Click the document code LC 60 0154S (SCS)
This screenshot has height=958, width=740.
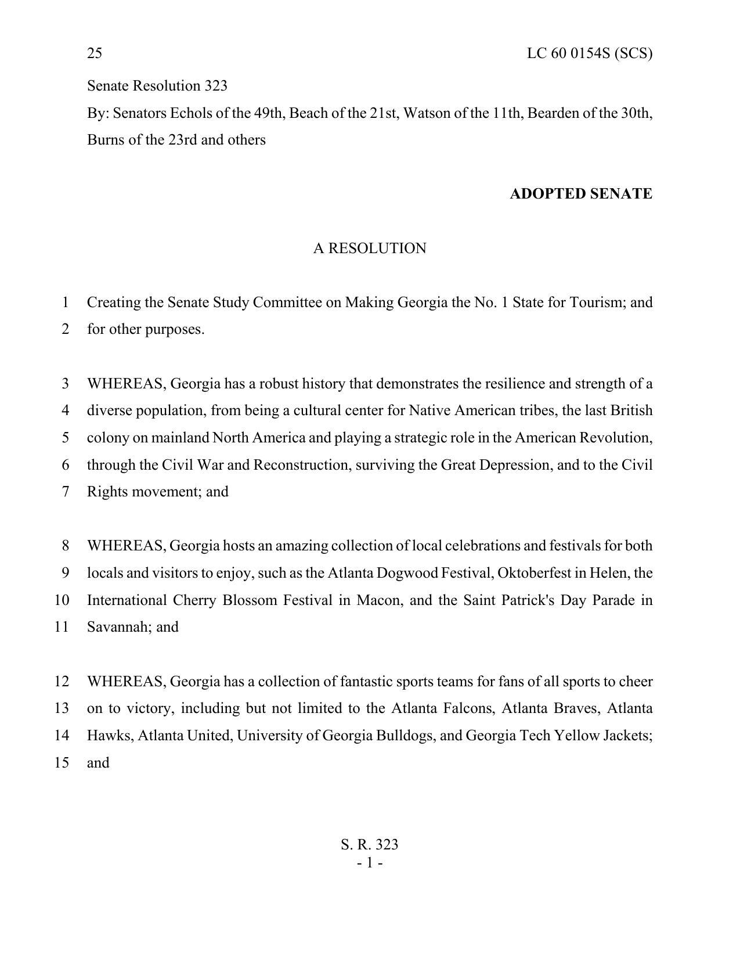coord(589,53)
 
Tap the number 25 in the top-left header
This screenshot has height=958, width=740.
coord(95,53)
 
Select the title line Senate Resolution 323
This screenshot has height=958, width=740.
coord(157,86)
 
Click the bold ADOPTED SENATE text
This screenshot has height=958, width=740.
coord(580,194)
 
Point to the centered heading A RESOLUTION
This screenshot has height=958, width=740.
coord(370,248)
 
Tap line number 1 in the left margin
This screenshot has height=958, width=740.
coord(66,302)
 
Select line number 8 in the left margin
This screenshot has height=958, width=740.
coord(66,546)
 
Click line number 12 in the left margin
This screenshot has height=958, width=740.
coord(62,682)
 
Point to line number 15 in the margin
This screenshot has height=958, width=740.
coord(62,763)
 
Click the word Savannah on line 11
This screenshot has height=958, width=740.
coord(119,627)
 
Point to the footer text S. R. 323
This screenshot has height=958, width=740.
coord(370,845)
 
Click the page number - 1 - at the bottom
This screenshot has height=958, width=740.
coord(370,863)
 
